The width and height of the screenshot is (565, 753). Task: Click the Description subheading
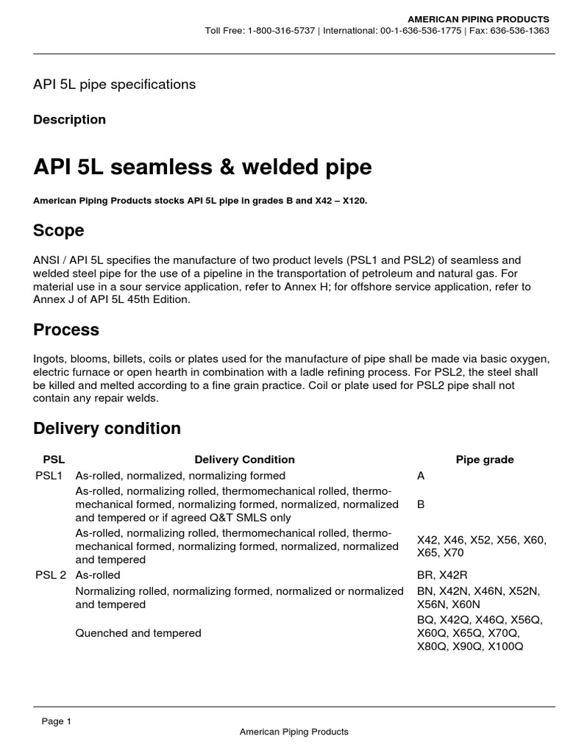click(x=69, y=119)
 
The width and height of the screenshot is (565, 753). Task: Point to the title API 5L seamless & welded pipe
click(x=202, y=168)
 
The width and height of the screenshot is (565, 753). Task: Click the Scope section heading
click(x=59, y=230)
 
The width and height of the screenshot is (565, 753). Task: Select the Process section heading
click(x=66, y=329)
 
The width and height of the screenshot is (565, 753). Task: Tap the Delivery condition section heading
click(x=107, y=428)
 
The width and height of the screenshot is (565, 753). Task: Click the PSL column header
click(x=54, y=460)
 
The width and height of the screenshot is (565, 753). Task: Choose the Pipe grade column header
click(x=485, y=460)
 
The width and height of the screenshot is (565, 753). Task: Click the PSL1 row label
click(x=50, y=476)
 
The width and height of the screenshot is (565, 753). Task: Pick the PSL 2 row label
click(x=51, y=574)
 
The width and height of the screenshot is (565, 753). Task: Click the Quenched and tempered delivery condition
click(x=138, y=632)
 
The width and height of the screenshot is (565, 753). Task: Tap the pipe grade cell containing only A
click(x=421, y=476)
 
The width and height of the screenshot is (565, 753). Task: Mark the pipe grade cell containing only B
click(x=421, y=504)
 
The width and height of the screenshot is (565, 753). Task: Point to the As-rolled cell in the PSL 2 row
click(x=98, y=574)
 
